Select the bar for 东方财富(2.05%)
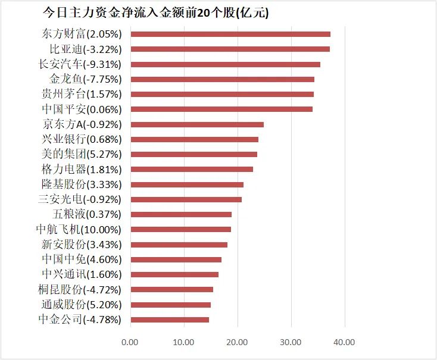click(230, 35)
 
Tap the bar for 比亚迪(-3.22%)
click(230, 49)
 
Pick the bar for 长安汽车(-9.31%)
click(225, 64)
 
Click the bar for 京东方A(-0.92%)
click(196, 124)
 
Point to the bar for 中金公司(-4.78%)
click(169, 320)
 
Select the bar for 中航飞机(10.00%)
click(180, 230)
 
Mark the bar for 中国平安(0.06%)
click(221, 109)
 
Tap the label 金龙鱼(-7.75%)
click(86, 79)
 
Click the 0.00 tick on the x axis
click(129, 343)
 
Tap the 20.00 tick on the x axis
click(237, 343)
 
